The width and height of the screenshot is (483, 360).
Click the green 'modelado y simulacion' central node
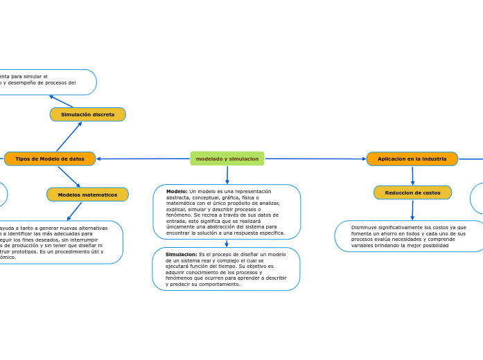[227, 159]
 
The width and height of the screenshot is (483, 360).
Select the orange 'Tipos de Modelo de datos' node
[50, 159]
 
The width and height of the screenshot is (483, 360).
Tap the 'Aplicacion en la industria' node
[412, 159]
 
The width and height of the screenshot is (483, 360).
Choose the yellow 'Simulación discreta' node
[87, 114]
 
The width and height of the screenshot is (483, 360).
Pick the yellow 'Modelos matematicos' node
[87, 195]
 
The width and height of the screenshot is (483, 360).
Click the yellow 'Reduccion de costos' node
[412, 192]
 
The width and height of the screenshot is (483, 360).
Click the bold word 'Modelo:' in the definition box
[177, 191]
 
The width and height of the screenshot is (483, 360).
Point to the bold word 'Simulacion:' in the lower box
[182, 254]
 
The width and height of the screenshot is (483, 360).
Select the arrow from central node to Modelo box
[227, 175]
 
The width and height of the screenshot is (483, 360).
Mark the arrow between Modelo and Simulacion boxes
[227, 243]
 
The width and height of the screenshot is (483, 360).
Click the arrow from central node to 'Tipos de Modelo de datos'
[143, 159]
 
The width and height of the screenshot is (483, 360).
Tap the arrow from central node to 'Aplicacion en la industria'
[315, 159]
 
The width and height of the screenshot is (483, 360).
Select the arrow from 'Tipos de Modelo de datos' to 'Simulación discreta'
[69, 136]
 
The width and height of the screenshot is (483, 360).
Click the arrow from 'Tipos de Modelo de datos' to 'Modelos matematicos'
[69, 177]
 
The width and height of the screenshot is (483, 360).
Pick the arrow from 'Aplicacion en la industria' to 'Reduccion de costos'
[412, 176]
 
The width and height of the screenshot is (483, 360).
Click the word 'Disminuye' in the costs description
[364, 227]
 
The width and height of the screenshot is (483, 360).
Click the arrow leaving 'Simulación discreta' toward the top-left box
[60, 101]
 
